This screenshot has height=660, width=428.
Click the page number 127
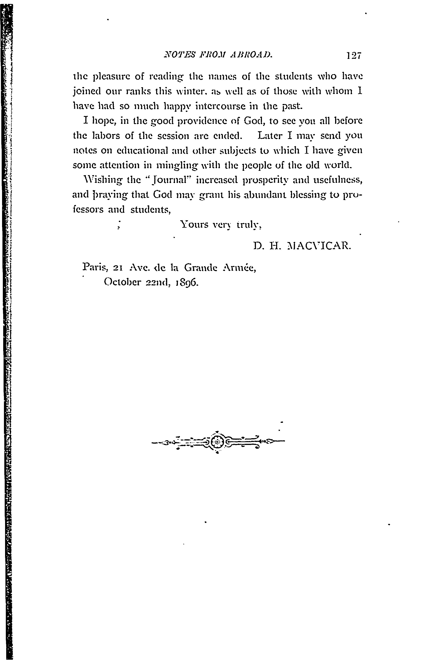pyautogui.click(x=353, y=55)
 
